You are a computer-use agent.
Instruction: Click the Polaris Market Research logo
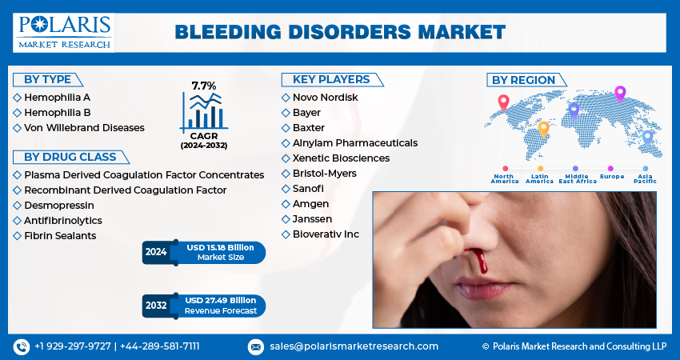tap(64, 32)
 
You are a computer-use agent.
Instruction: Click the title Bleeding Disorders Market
tap(340, 32)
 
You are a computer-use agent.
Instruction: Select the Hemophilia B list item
tap(57, 112)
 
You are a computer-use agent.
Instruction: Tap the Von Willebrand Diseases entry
tap(84, 127)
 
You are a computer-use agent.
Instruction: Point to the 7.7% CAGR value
tap(204, 85)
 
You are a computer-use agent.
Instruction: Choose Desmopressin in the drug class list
tap(58, 205)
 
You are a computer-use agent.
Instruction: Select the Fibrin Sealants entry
tap(60, 235)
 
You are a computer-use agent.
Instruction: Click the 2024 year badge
tap(156, 252)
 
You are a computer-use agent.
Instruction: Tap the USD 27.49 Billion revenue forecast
tap(220, 300)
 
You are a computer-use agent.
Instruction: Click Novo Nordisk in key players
tap(325, 97)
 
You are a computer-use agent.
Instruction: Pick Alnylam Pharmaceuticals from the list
tap(354, 142)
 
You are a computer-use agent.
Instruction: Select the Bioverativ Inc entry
tap(326, 234)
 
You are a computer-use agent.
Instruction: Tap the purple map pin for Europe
tap(619, 94)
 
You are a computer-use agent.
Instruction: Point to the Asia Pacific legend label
tap(645, 179)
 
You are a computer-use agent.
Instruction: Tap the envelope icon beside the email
tap(255, 346)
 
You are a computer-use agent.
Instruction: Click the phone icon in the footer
tap(22, 346)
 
